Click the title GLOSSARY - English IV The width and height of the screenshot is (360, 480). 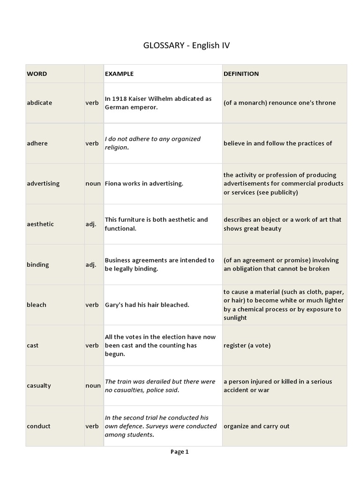[187, 45]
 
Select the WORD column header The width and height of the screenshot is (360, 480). [37, 74]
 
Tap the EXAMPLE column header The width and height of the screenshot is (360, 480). [119, 74]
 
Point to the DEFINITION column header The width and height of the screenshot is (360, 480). [241, 74]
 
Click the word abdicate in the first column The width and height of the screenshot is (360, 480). [40, 103]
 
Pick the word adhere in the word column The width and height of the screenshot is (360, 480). [37, 143]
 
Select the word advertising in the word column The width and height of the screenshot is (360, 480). [43, 183]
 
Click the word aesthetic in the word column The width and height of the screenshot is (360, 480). [40, 224]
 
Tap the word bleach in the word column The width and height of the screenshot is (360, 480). [37, 305]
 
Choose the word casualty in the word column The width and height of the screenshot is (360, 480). [39, 386]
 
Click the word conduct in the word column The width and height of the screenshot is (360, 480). [38, 426]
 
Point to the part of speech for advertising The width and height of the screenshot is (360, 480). [93, 183]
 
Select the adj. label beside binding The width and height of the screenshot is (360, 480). [91, 264]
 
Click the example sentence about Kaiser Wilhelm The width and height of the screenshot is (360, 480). [158, 103]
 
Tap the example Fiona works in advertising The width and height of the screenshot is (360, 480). [144, 183]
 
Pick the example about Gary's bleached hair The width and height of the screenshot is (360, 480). [147, 305]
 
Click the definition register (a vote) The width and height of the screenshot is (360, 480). [247, 345]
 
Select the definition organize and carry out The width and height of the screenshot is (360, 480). [256, 426]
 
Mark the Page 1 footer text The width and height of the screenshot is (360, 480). [180, 452]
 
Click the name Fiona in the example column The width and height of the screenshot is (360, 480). [113, 183]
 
